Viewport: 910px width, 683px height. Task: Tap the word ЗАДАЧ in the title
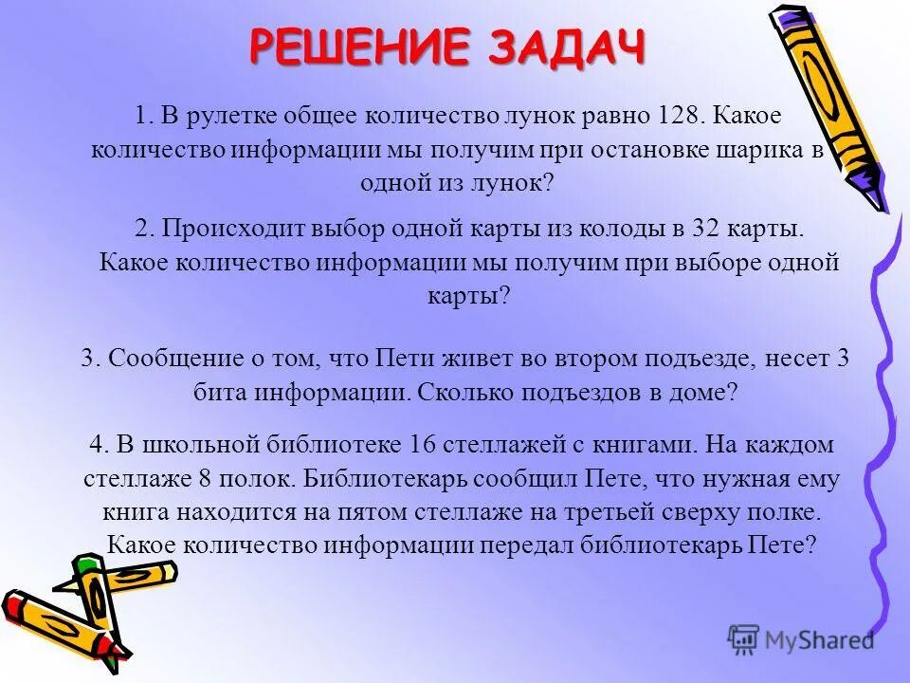[567, 47]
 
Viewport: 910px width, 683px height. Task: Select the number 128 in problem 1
[681, 118]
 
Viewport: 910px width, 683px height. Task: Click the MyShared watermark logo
[802, 638]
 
